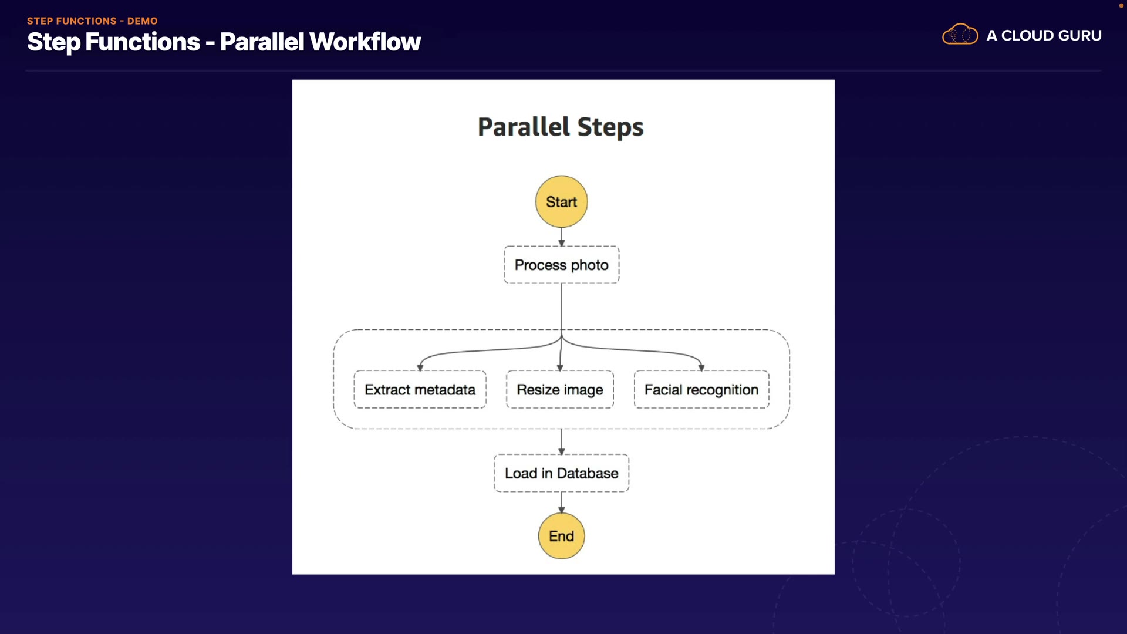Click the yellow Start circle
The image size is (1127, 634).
561,202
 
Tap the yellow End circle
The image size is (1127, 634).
561,536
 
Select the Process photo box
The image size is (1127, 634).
561,265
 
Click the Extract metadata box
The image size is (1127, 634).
420,390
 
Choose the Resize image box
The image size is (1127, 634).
559,390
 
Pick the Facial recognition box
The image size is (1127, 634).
701,390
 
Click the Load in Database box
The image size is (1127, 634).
561,473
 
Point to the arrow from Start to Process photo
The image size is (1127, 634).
562,237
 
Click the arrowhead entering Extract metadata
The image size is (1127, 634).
420,367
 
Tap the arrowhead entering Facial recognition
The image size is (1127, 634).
701,367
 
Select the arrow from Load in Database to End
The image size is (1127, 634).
562,503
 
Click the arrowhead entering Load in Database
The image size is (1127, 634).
562,451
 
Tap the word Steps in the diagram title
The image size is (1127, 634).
610,127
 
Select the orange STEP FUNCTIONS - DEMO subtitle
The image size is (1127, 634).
92,21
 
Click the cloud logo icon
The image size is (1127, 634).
960,35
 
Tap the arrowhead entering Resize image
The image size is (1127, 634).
560,367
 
